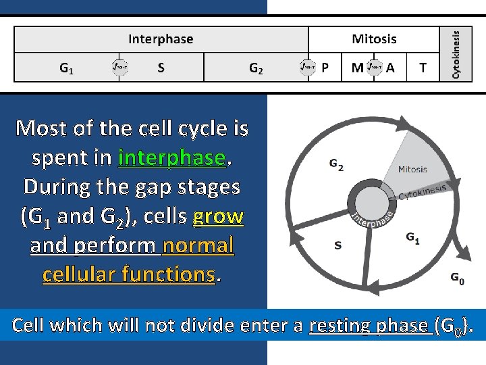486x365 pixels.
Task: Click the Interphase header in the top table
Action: coord(161,39)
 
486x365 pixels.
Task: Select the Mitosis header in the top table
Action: coord(374,39)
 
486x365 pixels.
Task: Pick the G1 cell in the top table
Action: coord(67,68)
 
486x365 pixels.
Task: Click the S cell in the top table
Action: coord(161,68)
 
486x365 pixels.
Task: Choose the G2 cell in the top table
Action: coord(256,68)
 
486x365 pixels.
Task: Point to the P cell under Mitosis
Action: coord(325,68)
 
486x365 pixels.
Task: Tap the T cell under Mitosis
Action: coord(423,68)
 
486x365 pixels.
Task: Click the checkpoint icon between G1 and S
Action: coord(119,67)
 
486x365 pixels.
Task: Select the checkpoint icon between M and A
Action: coord(375,67)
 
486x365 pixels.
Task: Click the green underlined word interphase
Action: coord(172,157)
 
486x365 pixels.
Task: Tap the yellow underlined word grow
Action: coord(218,216)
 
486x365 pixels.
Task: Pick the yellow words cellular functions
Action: coord(128,274)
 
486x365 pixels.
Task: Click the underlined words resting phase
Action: coord(370,326)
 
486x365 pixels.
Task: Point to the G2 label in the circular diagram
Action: coord(336,164)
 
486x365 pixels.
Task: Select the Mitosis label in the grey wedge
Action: coord(412,169)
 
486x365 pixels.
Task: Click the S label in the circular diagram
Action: coord(337,245)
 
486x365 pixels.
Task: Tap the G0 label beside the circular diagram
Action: coord(457,277)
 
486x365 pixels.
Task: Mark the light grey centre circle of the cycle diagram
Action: coord(369,203)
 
